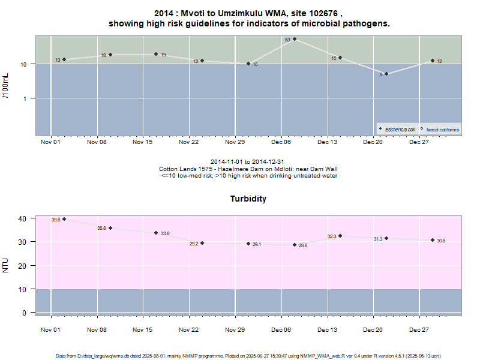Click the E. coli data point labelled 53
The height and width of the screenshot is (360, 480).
(x=295, y=39)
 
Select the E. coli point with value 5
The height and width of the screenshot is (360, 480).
(x=386, y=74)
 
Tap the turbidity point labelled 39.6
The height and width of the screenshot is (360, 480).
(x=64, y=219)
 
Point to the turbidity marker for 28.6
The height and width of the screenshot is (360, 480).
(x=295, y=245)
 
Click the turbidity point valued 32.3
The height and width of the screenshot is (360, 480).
(x=340, y=236)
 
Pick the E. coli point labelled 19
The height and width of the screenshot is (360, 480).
(x=156, y=54)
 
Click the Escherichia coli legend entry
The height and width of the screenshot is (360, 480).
(x=400, y=130)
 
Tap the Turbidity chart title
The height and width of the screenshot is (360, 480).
(x=248, y=199)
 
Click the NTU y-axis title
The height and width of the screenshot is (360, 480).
(x=6, y=265)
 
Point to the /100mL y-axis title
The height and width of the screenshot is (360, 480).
(x=6, y=85)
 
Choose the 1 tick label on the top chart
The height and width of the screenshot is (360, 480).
(x=25, y=98)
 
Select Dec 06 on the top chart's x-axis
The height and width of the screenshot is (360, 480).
(x=281, y=143)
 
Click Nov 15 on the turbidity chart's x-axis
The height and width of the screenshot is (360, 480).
(x=143, y=330)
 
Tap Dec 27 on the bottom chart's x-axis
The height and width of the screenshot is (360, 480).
(x=419, y=330)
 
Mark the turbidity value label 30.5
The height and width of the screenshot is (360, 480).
(x=441, y=241)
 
